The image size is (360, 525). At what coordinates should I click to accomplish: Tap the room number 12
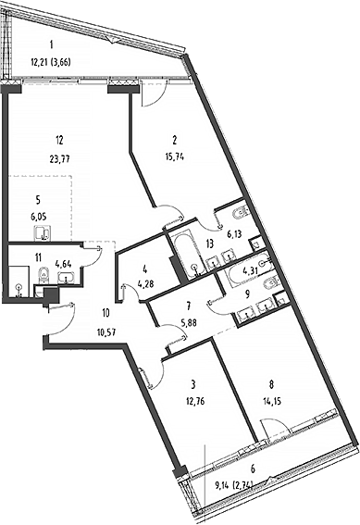pos(59,141)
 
